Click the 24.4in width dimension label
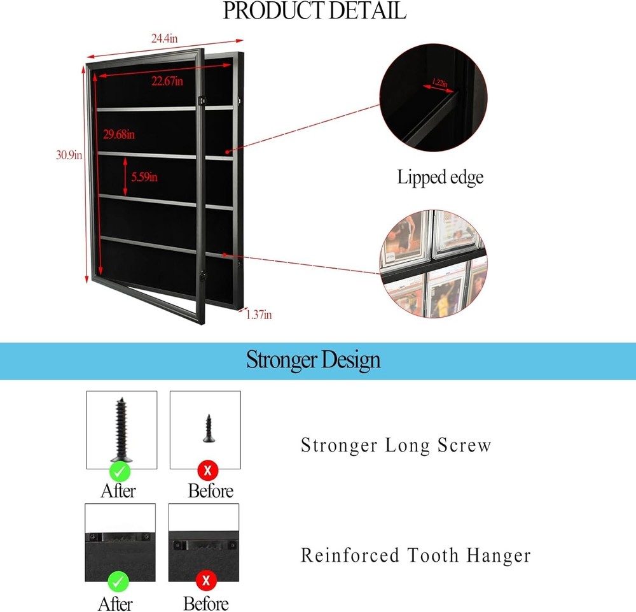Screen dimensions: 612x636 click(x=164, y=39)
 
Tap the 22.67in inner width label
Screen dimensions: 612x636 click(x=167, y=81)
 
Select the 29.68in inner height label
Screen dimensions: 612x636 click(x=119, y=134)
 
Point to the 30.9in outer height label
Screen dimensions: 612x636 click(x=69, y=155)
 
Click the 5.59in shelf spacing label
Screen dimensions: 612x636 click(x=144, y=178)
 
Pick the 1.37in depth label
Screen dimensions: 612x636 click(x=259, y=314)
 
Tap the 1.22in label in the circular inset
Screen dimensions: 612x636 click(x=439, y=83)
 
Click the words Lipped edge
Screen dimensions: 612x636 click(x=440, y=177)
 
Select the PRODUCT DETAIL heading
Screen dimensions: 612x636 click(x=314, y=11)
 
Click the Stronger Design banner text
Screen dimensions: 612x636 click(x=314, y=360)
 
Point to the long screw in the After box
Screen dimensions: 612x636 click(x=121, y=429)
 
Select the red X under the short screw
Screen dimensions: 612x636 click(x=207, y=471)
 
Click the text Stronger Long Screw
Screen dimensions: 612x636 click(x=396, y=445)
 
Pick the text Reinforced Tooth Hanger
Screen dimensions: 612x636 click(x=415, y=555)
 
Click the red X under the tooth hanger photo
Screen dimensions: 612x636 click(x=206, y=581)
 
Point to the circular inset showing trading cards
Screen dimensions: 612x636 click(x=434, y=265)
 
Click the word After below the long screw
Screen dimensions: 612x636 click(x=118, y=491)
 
